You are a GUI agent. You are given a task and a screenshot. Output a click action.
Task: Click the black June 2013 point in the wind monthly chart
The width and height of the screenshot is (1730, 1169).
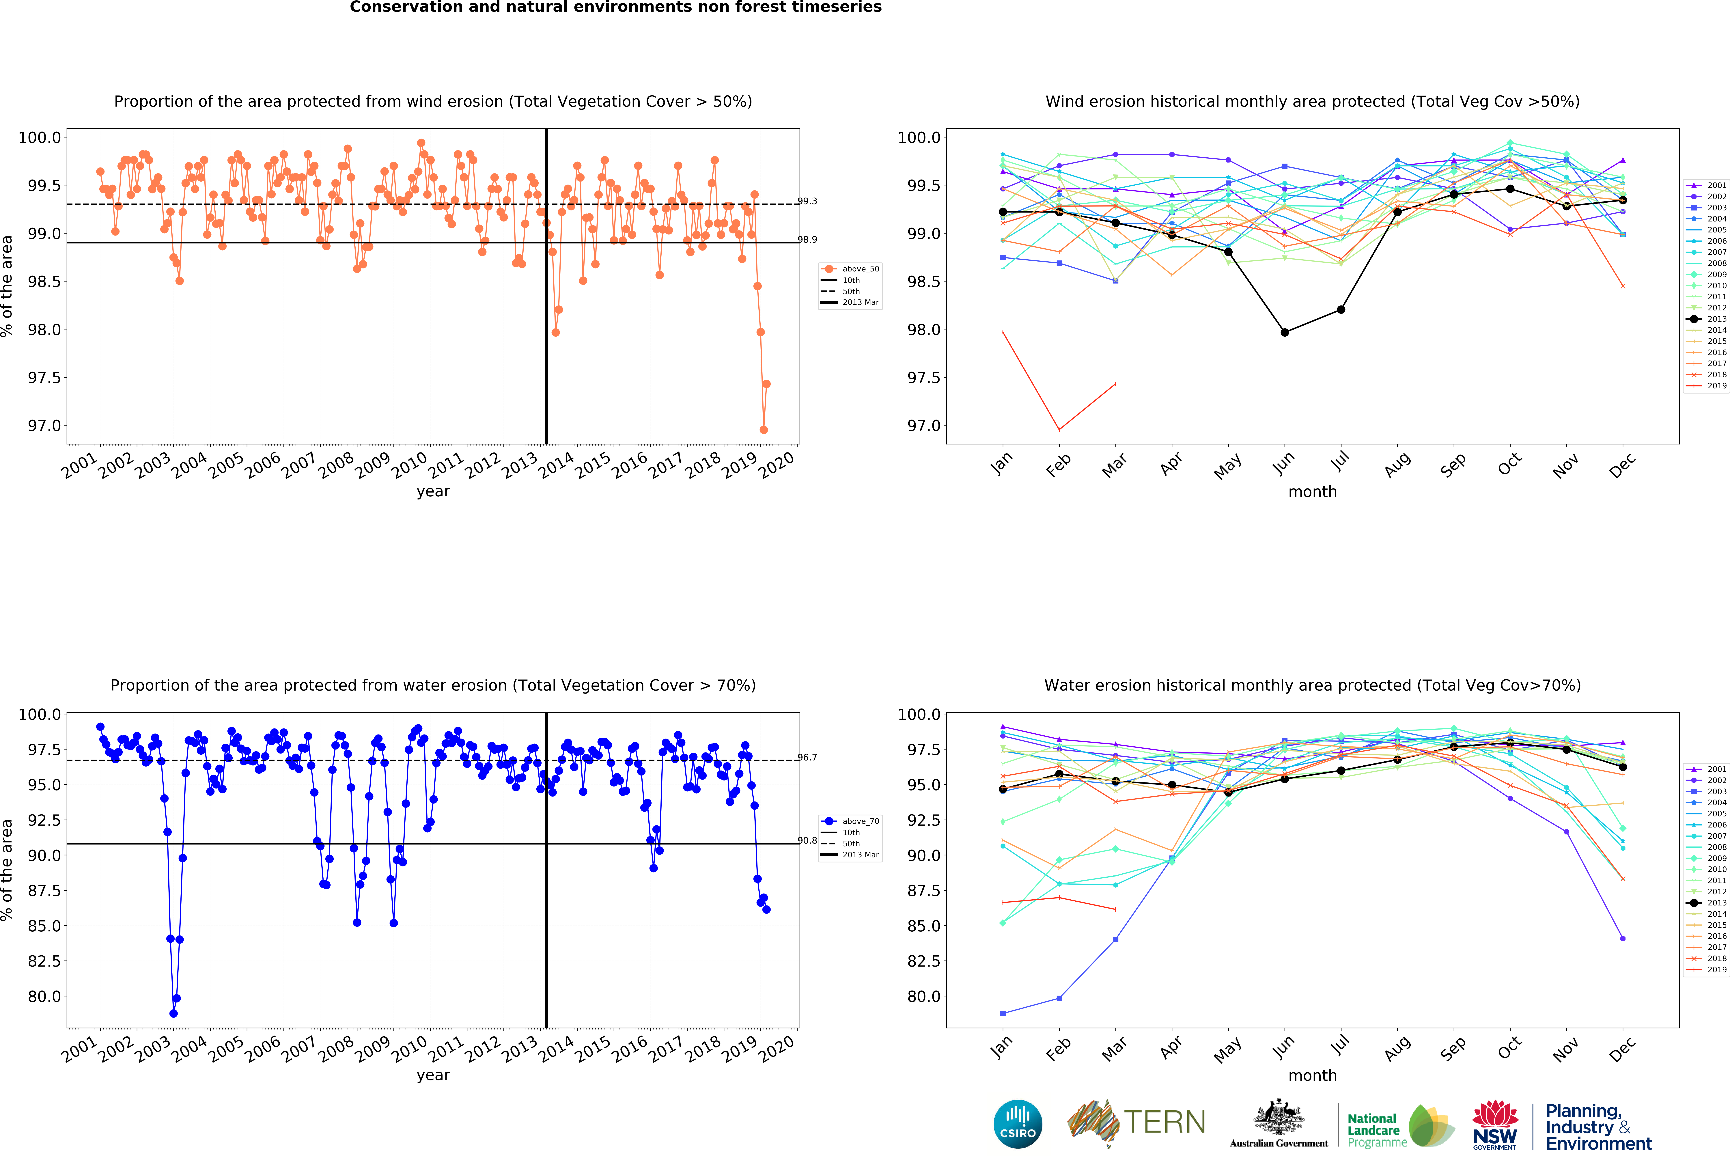1284,332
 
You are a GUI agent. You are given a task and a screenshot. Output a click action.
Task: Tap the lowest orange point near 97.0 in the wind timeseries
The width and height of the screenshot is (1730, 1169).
763,430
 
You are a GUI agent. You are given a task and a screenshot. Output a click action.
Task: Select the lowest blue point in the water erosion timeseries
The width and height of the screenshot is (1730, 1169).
173,1013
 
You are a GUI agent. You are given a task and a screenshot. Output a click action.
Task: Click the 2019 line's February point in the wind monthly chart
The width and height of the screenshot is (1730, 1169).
1059,430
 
